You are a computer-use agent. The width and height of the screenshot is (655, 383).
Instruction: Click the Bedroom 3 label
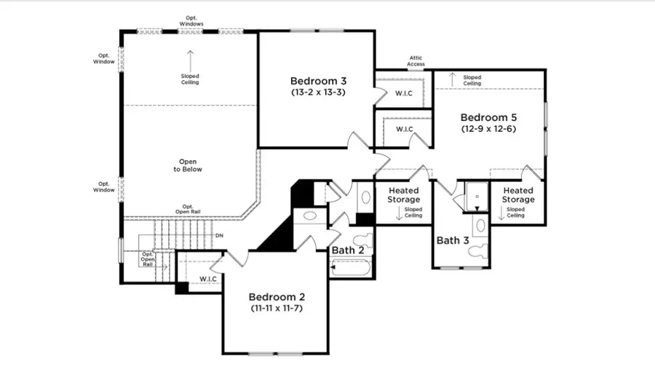tap(317, 81)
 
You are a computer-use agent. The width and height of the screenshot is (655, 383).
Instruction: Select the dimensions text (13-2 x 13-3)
tap(317, 93)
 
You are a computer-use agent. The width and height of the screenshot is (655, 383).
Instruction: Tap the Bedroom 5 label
tap(488, 117)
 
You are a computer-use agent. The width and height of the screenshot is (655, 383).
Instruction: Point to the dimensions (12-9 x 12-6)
tap(488, 129)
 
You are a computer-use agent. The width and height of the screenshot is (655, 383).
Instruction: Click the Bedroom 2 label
tap(276, 297)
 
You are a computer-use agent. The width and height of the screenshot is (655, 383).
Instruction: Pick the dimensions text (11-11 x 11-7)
tap(276, 309)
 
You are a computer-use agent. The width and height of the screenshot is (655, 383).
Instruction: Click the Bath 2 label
tap(348, 250)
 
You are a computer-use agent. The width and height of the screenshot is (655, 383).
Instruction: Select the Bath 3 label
tap(453, 240)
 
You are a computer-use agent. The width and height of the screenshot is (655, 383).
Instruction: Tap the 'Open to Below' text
tap(188, 165)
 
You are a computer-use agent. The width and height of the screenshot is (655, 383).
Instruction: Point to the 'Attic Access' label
tap(416, 61)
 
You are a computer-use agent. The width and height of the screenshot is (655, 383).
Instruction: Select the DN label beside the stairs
tap(219, 236)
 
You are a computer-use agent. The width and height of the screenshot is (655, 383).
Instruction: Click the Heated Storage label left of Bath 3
tap(403, 195)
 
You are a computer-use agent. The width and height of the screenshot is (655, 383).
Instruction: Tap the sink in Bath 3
tap(480, 225)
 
